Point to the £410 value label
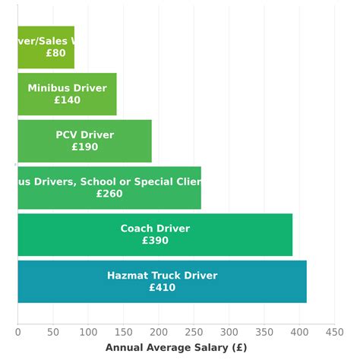click(162, 288)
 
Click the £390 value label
click(155, 241)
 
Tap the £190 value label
click(84, 147)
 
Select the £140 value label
click(67, 100)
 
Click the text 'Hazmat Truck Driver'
click(162, 276)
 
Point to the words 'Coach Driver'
click(155, 229)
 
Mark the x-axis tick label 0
click(17, 332)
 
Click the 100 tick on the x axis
click(88, 332)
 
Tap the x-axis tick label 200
click(158, 332)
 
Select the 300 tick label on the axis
click(229, 332)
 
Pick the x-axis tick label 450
click(334, 332)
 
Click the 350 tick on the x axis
click(264, 332)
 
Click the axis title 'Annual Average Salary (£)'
click(175, 348)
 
